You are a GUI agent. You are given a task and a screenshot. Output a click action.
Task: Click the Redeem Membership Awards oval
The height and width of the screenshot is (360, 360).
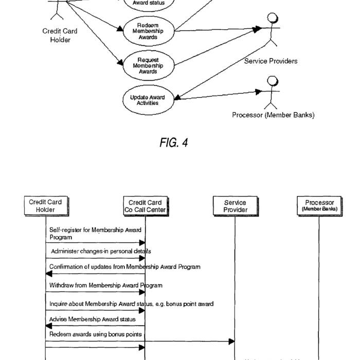pos(148,31)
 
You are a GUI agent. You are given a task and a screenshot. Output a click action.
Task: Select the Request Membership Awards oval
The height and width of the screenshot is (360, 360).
pos(148,65)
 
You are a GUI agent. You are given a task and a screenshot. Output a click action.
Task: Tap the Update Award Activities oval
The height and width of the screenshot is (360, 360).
pos(148,99)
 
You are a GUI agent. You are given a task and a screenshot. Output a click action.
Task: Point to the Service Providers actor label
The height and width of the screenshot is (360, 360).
pos(271,61)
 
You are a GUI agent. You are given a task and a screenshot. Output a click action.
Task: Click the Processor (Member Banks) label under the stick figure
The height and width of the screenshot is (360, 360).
pos(273,115)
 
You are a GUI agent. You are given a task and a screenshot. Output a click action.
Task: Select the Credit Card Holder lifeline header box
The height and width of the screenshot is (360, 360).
pos(45,206)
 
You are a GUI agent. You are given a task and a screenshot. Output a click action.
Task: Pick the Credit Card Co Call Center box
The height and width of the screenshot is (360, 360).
pos(145,206)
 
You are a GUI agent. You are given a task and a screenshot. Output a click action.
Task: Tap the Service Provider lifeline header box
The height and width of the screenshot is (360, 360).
pos(235,206)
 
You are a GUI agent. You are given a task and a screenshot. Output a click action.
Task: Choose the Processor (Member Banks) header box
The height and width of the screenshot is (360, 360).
pos(319,206)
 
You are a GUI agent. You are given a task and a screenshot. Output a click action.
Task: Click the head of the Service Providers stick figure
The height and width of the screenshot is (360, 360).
pos(272,19)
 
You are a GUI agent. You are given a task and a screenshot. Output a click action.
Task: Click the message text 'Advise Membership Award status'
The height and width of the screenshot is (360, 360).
pos(93,319)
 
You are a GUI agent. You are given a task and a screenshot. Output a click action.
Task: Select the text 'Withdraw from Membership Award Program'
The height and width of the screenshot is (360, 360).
pos(106,285)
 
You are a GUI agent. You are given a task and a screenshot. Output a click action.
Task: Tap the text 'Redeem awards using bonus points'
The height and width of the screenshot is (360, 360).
pos(96,334)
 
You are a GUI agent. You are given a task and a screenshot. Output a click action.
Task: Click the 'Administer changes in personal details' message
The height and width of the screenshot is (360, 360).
pos(101,251)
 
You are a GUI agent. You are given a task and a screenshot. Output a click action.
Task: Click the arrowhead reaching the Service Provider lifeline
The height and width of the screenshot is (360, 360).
pos(232,341)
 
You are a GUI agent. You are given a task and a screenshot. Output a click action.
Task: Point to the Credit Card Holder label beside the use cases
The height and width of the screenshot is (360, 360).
pos(60,35)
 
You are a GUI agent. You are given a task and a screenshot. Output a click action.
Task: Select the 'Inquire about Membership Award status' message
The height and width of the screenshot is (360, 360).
pos(131,304)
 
